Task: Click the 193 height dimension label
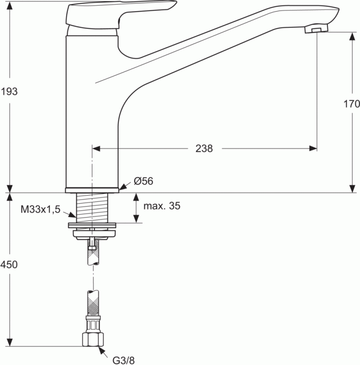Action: click(x=10, y=91)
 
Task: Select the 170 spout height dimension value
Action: click(x=352, y=104)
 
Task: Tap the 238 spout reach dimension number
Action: click(x=204, y=148)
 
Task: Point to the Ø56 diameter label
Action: click(x=144, y=181)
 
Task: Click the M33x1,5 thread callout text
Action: click(x=40, y=209)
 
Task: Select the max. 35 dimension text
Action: click(x=162, y=207)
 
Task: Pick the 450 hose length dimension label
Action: click(x=10, y=265)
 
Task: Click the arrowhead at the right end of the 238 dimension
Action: click(x=314, y=148)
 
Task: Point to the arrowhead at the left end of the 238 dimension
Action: click(x=95, y=148)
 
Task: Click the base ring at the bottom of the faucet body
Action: click(x=92, y=190)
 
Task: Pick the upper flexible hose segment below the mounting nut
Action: click(x=92, y=255)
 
